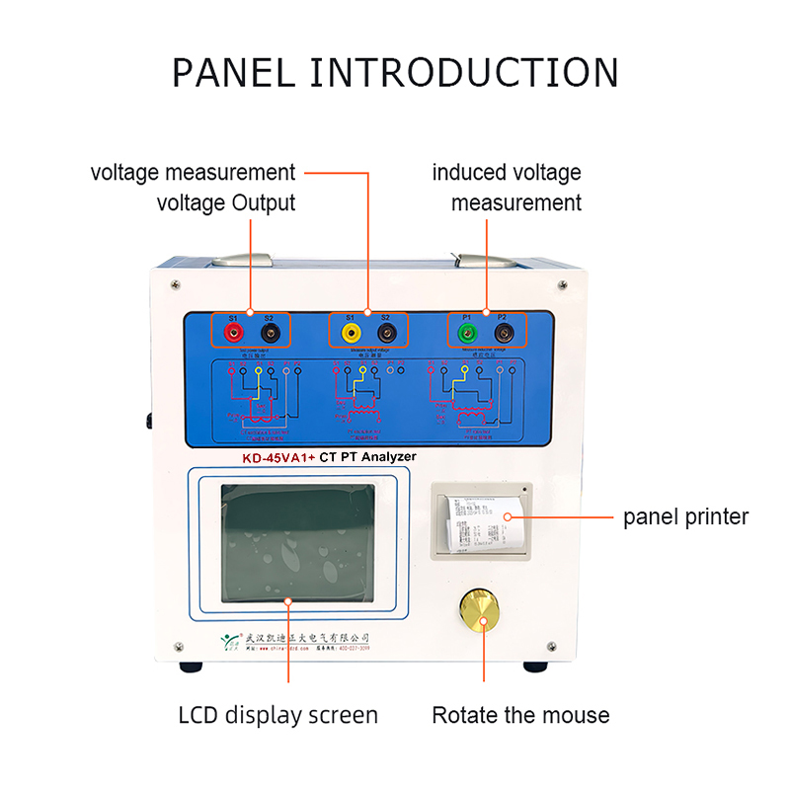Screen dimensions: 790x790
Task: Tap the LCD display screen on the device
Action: (x=297, y=543)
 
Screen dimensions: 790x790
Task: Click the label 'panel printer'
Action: (x=685, y=516)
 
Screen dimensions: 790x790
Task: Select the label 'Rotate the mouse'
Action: (x=520, y=715)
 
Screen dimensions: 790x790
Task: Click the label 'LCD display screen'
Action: (x=278, y=715)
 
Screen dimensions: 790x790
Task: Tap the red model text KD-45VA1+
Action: (x=278, y=457)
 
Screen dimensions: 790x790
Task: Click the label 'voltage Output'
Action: (x=226, y=203)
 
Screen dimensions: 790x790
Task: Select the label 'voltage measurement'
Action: (x=193, y=173)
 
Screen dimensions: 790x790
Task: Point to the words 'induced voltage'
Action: (x=507, y=173)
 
